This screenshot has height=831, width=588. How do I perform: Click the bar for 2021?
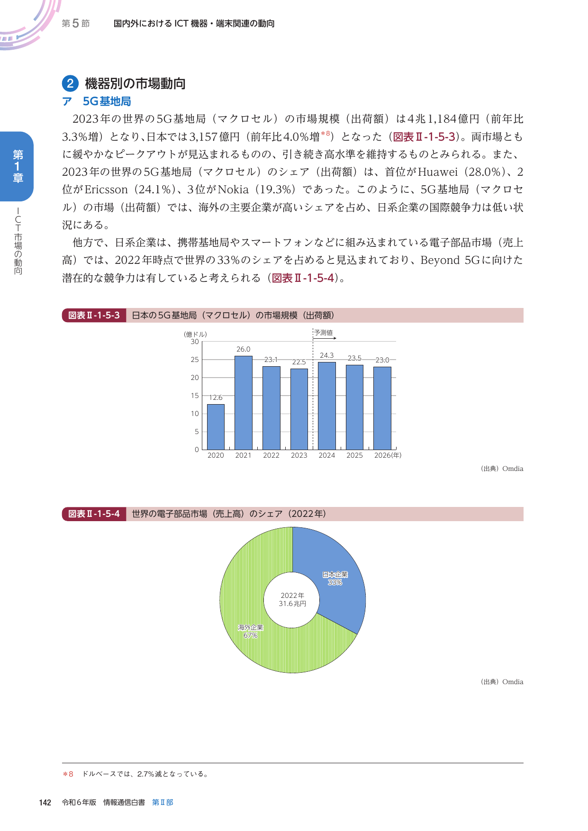click(244, 403)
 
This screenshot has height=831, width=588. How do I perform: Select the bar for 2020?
click(216, 426)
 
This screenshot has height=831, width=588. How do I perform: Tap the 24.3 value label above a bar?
click(326, 355)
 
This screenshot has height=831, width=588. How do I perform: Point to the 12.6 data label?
click(216, 397)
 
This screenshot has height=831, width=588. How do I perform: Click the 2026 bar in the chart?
click(382, 408)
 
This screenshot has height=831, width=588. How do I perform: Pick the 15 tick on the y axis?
click(195, 396)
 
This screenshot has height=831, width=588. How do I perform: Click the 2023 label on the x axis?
click(299, 455)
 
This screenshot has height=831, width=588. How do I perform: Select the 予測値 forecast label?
click(324, 333)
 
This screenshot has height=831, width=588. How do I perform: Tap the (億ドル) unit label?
click(195, 334)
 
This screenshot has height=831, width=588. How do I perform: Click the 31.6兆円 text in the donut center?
click(292, 604)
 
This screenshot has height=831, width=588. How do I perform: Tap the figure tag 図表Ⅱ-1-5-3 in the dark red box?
click(94, 316)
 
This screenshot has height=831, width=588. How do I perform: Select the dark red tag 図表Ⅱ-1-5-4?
click(94, 514)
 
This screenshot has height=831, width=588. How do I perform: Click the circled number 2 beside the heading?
click(70, 84)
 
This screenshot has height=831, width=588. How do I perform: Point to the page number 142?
click(45, 803)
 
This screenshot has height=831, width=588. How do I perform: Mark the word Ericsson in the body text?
click(106, 190)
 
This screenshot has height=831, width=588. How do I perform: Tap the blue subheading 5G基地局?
click(107, 101)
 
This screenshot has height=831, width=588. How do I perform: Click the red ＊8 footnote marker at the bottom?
click(68, 774)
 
